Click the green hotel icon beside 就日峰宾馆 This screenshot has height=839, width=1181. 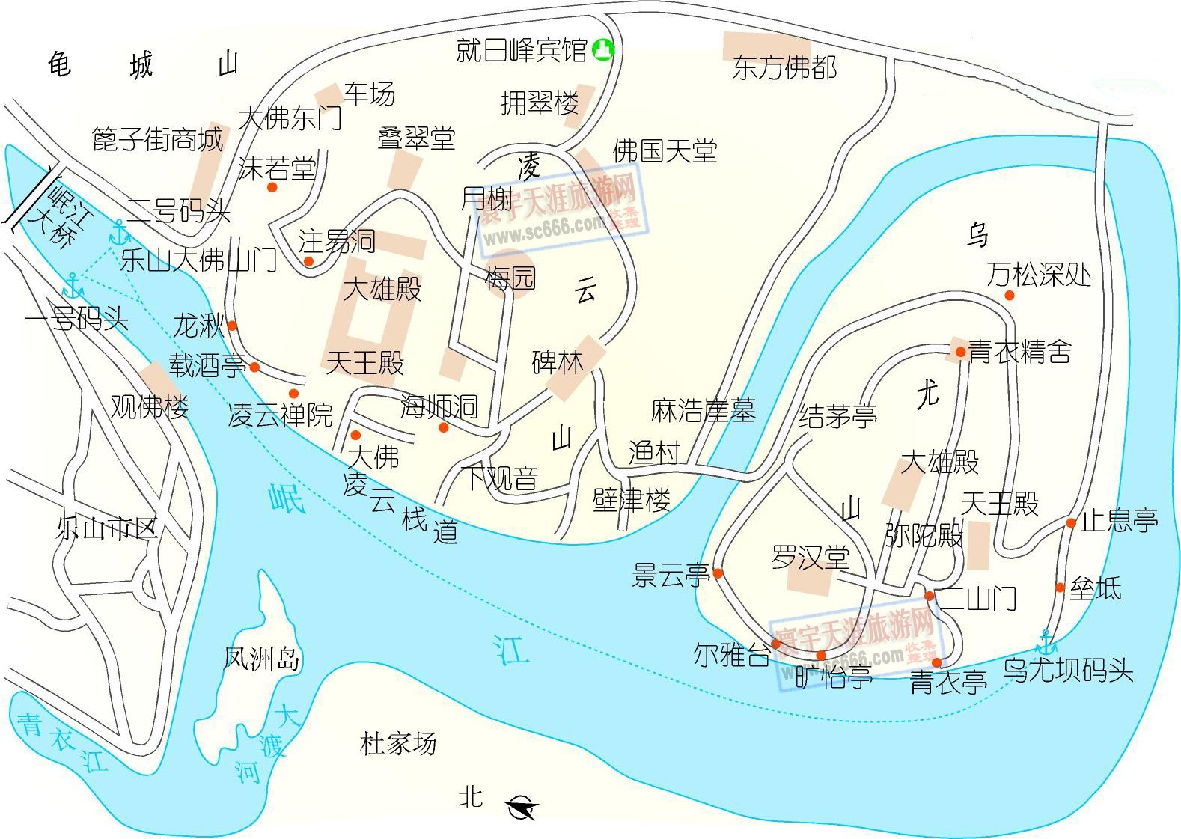click(x=602, y=50)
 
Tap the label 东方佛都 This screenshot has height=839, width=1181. click(x=784, y=68)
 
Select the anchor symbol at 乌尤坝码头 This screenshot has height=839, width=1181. click(x=1045, y=642)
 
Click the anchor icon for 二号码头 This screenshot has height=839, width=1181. click(x=118, y=233)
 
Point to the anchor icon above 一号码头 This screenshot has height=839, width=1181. click(x=73, y=286)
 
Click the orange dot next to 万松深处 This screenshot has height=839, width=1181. click(x=1009, y=296)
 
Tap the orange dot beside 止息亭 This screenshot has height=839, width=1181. click(x=1071, y=523)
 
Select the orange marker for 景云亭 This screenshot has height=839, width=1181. click(x=718, y=573)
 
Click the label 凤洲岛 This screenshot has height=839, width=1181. click(x=262, y=659)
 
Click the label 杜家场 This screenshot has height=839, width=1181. click(x=398, y=744)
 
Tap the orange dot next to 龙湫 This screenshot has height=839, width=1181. click(x=232, y=326)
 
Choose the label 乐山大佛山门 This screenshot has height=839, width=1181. click(x=198, y=260)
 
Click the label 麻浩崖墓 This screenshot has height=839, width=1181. click(x=703, y=410)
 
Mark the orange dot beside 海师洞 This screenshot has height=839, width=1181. click(x=443, y=427)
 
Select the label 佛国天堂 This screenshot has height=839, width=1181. click(x=665, y=151)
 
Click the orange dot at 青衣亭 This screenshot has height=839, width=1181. click(x=936, y=662)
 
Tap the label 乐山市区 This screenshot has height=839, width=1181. click(x=107, y=529)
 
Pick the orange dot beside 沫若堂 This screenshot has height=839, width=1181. click(x=272, y=187)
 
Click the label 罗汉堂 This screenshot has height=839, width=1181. click(x=811, y=558)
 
